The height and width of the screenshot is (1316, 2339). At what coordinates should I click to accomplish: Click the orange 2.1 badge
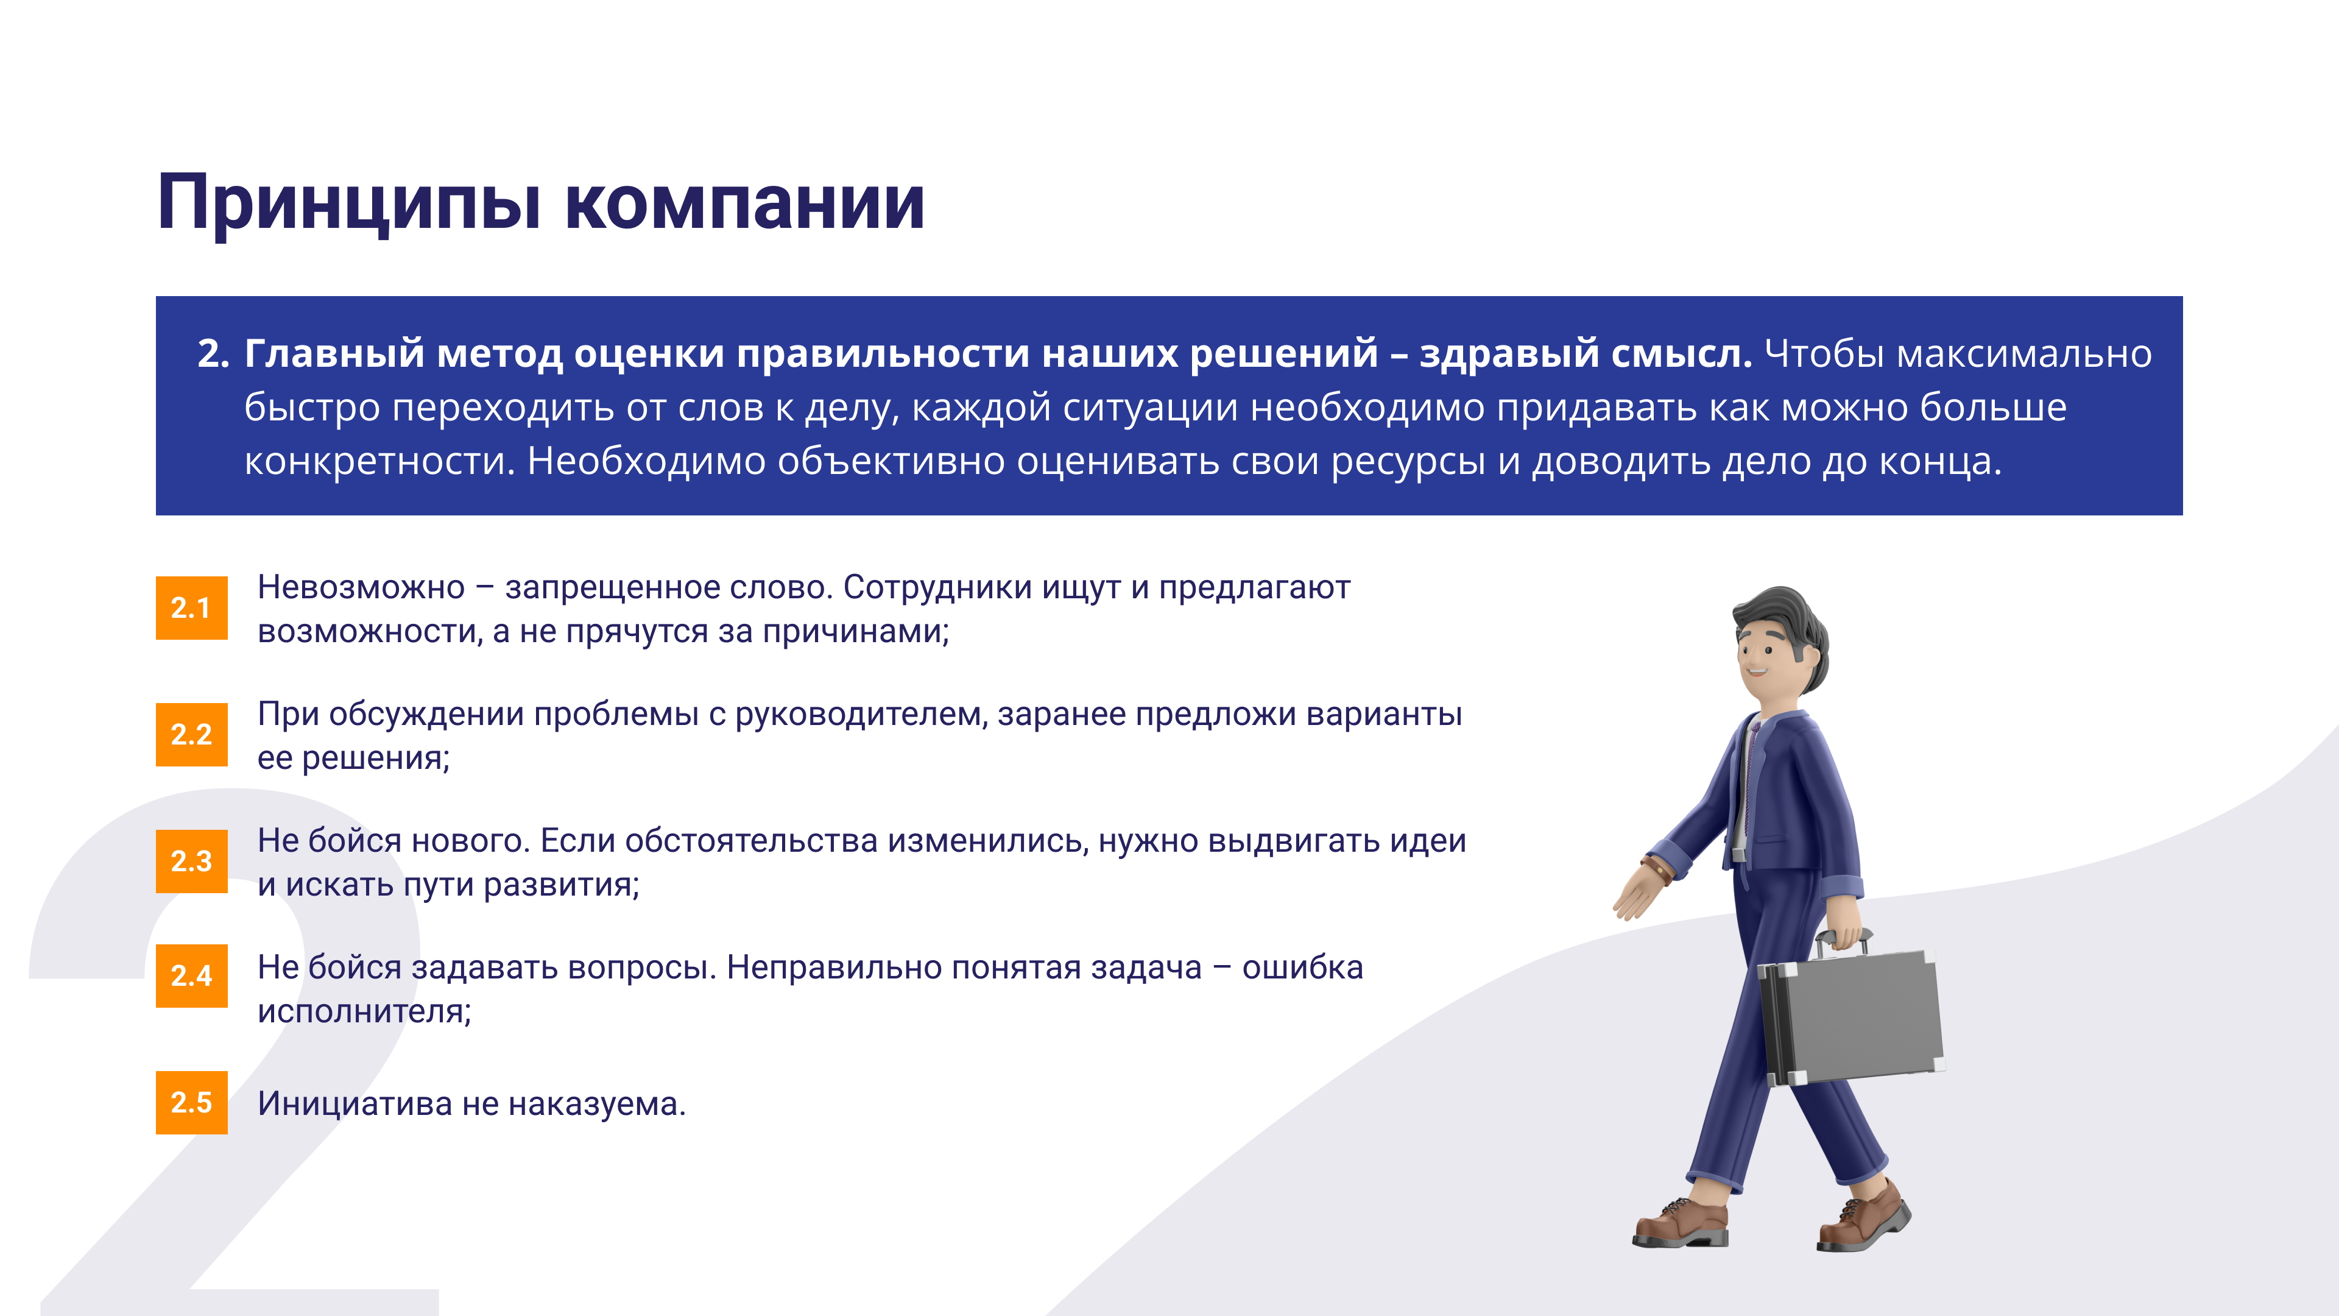click(x=192, y=607)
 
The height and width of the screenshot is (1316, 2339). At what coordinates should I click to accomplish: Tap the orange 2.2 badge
click(x=192, y=734)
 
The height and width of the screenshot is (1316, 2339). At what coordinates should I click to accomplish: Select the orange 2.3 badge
click(x=192, y=861)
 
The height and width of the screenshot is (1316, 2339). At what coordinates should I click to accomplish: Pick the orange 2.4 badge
click(x=192, y=975)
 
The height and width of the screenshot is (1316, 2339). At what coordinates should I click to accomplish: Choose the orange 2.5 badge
click(x=192, y=1103)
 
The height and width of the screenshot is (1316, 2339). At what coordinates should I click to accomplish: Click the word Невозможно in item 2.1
click(x=361, y=587)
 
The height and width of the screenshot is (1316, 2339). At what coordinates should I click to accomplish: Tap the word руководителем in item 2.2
click(x=860, y=715)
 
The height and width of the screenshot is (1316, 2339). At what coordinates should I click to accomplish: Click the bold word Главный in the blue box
click(x=334, y=353)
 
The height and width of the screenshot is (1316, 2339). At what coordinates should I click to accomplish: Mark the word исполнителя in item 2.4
click(x=364, y=1012)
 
